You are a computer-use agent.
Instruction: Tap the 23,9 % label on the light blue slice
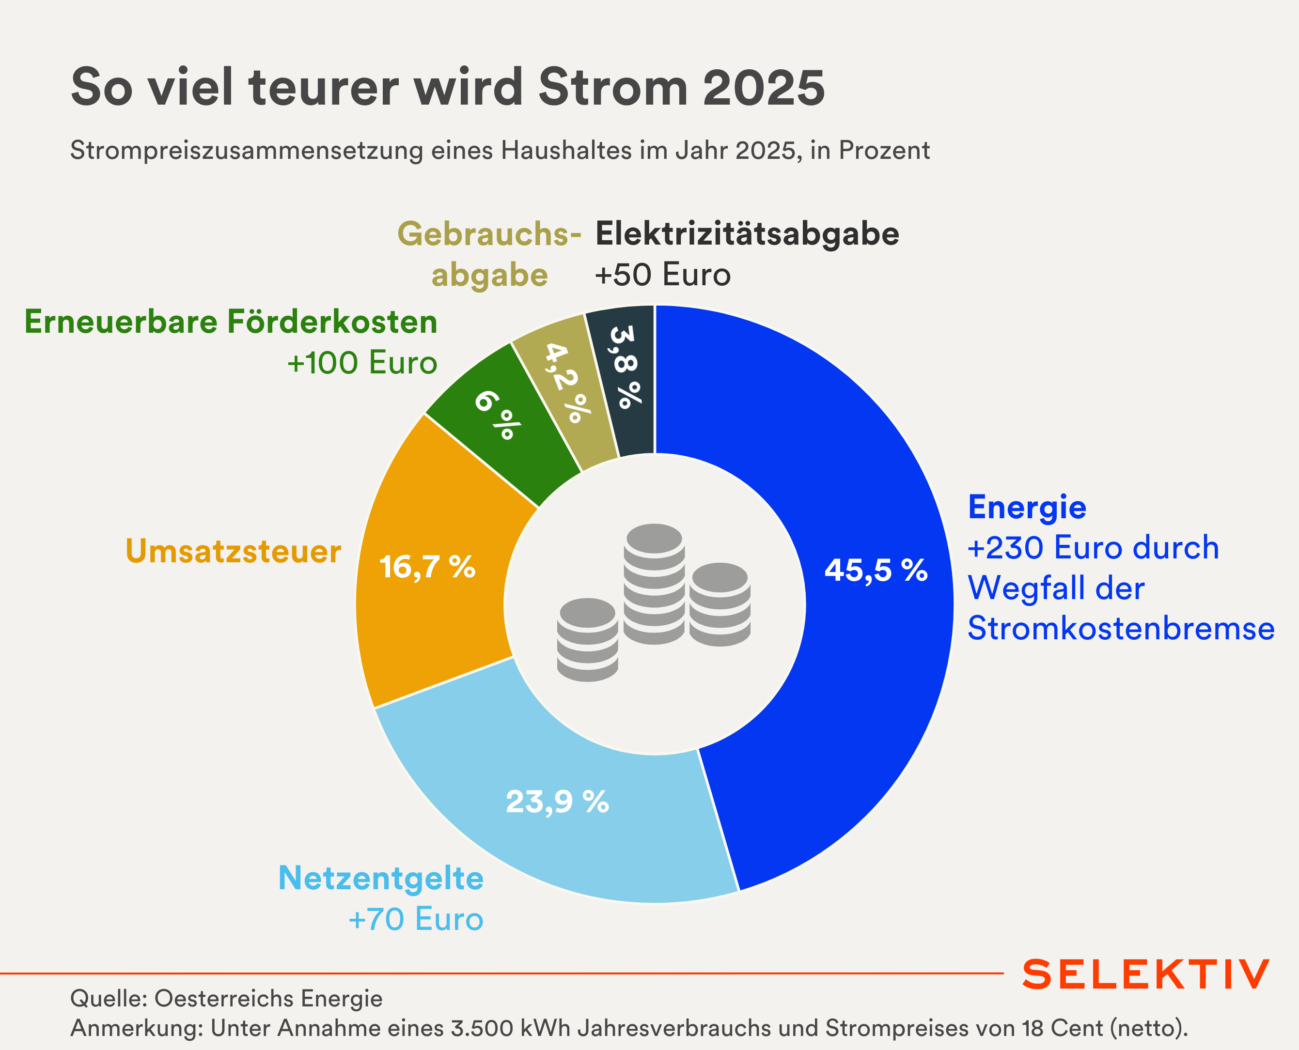(x=557, y=802)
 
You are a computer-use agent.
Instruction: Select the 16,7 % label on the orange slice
(x=427, y=567)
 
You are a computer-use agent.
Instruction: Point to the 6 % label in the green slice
(x=497, y=415)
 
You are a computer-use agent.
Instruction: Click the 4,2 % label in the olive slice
(x=567, y=382)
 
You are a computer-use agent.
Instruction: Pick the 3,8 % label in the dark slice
(x=626, y=367)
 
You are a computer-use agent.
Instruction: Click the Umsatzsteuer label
(x=233, y=552)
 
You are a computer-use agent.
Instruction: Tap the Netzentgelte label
(x=380, y=878)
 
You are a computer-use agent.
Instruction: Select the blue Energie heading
(x=1027, y=507)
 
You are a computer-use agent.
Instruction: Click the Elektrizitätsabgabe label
(x=747, y=234)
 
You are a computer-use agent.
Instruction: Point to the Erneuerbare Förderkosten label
(x=231, y=322)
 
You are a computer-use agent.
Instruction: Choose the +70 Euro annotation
(x=416, y=919)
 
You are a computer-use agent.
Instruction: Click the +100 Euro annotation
(x=362, y=363)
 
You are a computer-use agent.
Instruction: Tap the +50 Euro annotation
(x=662, y=275)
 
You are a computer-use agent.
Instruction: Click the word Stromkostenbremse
(x=1121, y=629)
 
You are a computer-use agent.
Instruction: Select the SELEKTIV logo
(x=1145, y=974)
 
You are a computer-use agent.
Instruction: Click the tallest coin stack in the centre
(x=654, y=584)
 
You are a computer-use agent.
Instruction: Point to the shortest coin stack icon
(x=588, y=639)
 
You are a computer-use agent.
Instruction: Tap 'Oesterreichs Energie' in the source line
(x=268, y=999)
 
